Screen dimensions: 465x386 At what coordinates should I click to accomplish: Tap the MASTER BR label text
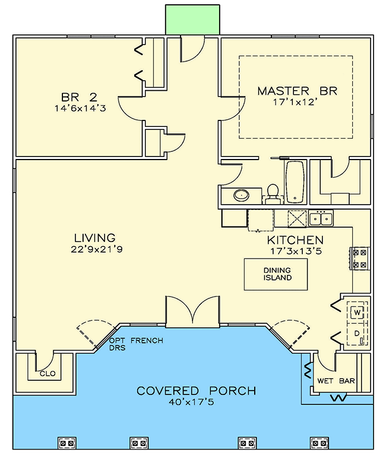coord(297,91)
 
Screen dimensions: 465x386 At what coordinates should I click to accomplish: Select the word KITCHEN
coord(295,240)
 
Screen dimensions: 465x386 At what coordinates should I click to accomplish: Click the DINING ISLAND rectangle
coord(277,274)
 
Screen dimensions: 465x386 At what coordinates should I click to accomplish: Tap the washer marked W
coord(357,312)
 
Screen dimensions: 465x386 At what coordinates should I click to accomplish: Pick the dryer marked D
coord(357,334)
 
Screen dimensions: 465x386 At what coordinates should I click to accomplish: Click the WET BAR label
coord(336,381)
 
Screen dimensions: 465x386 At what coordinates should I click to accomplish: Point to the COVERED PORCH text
coord(197,391)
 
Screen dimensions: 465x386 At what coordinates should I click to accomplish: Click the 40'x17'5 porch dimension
coord(197,403)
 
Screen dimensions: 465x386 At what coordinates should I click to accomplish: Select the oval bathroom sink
coord(241,195)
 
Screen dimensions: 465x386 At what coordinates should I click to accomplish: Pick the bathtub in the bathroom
coord(295,181)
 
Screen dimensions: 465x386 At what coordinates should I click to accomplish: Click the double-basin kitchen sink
coord(321,219)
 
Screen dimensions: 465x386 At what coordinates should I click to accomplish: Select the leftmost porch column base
coord(66,442)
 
